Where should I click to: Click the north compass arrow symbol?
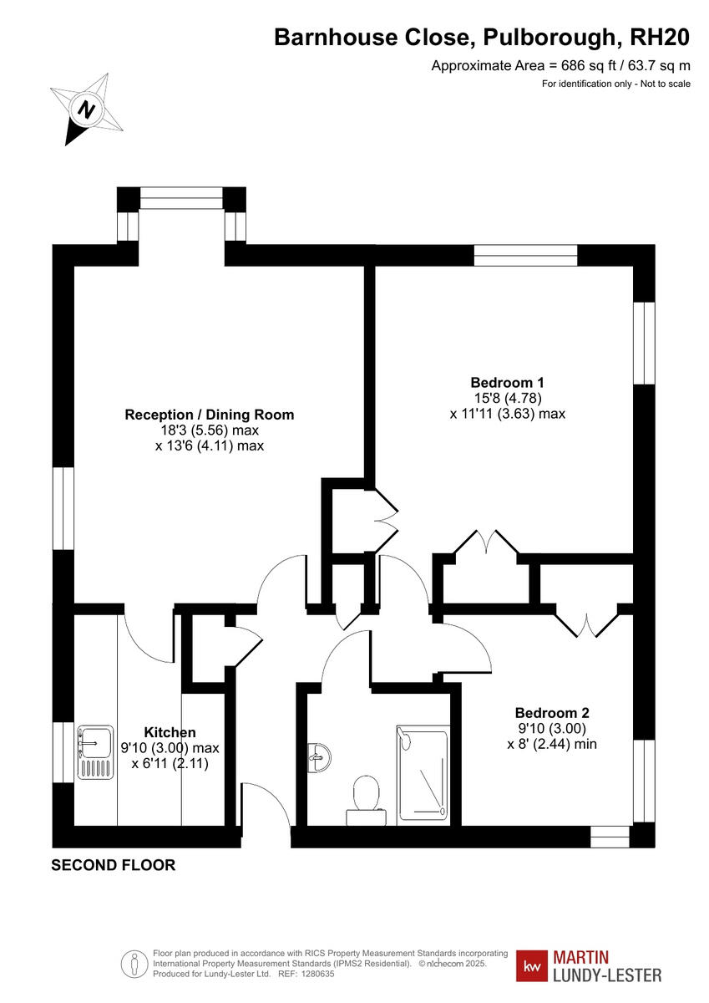[85, 109]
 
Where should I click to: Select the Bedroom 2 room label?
[552, 713]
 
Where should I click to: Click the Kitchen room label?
[170, 732]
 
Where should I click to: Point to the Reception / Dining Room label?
[209, 415]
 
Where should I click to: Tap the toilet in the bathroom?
[366, 792]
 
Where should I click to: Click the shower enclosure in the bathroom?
[423, 772]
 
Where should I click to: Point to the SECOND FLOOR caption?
[114, 865]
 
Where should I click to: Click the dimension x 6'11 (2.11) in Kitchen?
[170, 763]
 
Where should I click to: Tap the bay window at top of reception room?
[181, 198]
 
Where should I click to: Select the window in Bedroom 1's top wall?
[525, 255]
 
